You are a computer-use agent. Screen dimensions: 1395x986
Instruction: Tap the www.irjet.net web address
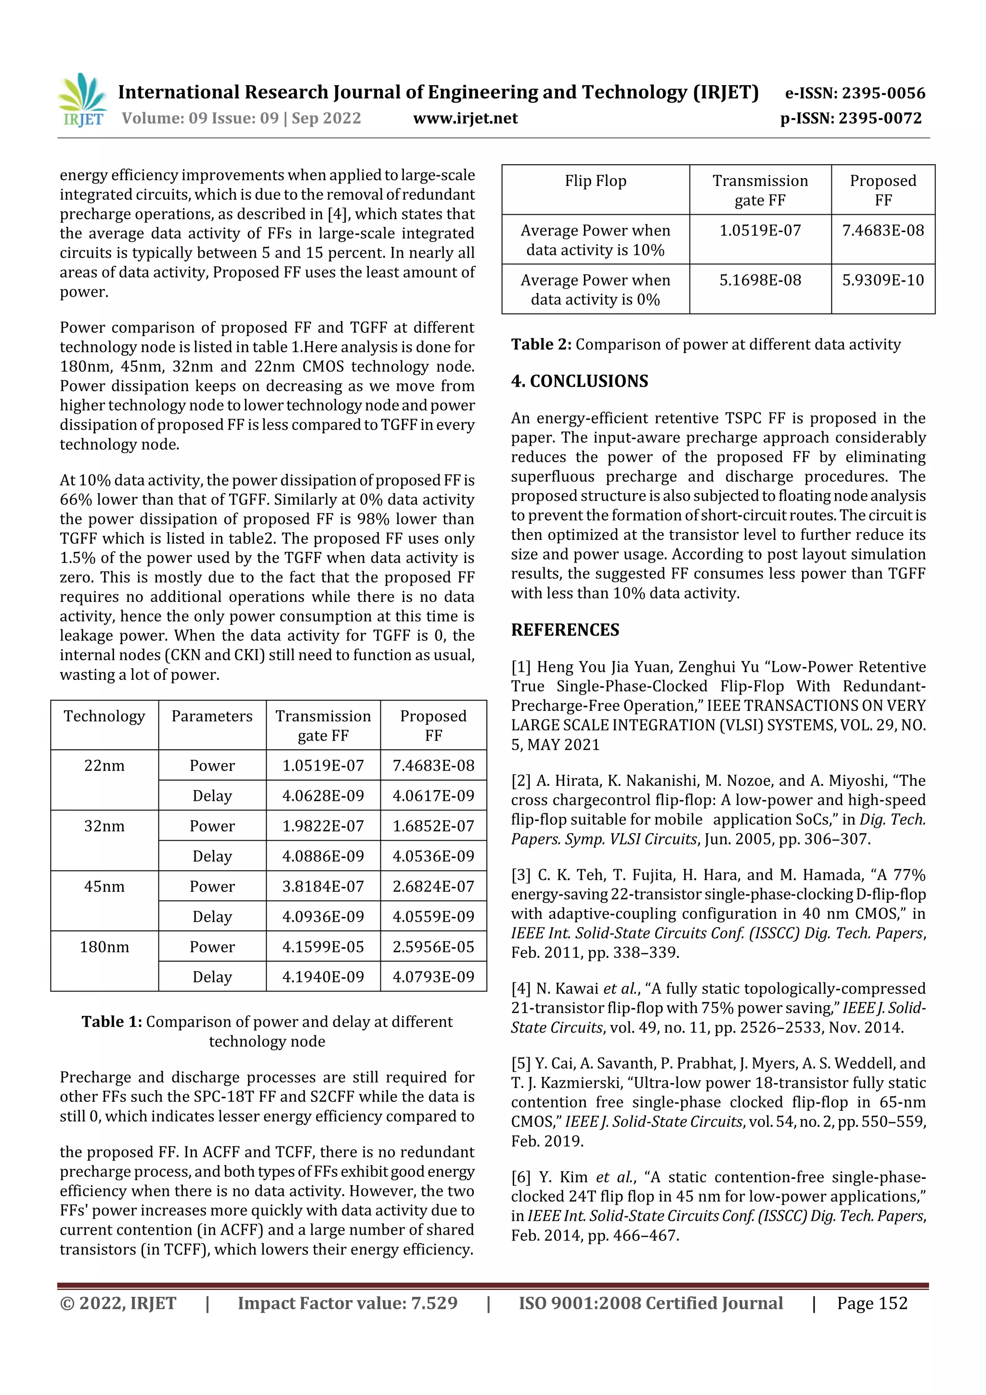(466, 118)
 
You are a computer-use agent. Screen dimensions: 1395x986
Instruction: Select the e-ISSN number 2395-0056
(855, 93)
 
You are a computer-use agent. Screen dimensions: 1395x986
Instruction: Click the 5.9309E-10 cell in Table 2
(882, 280)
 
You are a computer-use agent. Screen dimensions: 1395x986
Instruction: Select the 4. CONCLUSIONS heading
(580, 381)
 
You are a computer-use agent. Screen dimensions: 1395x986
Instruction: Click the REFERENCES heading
(565, 629)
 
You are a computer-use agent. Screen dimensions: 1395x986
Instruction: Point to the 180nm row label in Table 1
(104, 947)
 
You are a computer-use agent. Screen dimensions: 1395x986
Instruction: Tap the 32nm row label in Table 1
(104, 826)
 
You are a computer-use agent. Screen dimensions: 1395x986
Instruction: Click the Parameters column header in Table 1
(211, 717)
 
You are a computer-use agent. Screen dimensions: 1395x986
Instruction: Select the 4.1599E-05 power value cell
(323, 947)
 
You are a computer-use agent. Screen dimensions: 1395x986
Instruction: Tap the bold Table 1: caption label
(112, 1022)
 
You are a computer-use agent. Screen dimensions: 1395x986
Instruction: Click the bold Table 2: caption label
(541, 344)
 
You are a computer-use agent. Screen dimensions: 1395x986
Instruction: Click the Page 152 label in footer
(872, 1303)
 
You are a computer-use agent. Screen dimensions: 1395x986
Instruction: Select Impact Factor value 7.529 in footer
(348, 1303)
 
